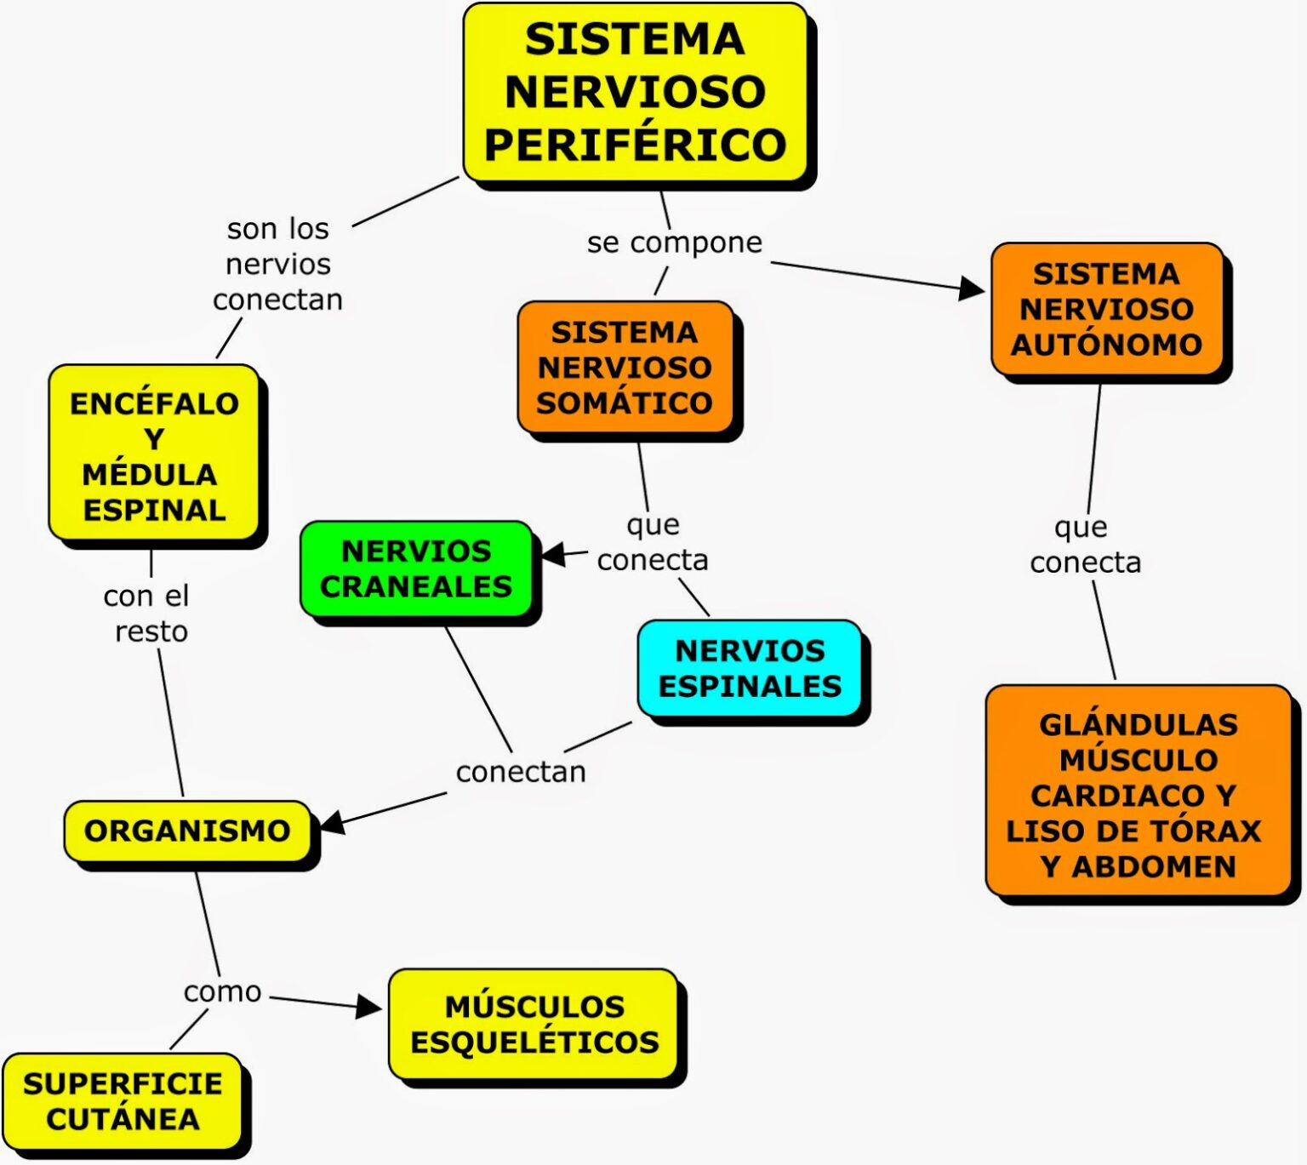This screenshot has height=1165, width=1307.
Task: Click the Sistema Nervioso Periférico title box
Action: point(635,92)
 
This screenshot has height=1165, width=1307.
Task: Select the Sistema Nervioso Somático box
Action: point(625,367)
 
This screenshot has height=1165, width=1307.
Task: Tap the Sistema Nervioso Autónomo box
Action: point(1106,309)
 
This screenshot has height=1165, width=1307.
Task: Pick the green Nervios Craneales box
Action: point(416,568)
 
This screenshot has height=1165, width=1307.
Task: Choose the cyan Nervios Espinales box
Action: point(750,668)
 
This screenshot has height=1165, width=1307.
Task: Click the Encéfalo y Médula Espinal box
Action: point(154,455)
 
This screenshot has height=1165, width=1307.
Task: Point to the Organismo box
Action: point(187,831)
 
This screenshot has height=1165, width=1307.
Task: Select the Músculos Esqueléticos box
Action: point(534,1024)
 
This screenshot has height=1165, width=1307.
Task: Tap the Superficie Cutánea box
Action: point(123,1101)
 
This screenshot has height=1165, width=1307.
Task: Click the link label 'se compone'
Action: point(674,243)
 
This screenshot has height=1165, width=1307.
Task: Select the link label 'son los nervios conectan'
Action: point(277,264)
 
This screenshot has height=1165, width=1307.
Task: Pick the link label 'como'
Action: point(222,991)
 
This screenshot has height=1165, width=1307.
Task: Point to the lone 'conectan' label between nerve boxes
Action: point(521,772)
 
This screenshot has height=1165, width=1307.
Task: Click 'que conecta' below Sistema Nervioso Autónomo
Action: point(1084,545)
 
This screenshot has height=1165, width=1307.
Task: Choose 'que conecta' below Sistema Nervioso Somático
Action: point(653,542)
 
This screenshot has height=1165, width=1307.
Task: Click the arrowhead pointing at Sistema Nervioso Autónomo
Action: point(972,288)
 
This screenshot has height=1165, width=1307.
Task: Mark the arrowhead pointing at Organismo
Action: point(331,822)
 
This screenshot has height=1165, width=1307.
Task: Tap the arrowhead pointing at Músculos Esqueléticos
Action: point(369,1008)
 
